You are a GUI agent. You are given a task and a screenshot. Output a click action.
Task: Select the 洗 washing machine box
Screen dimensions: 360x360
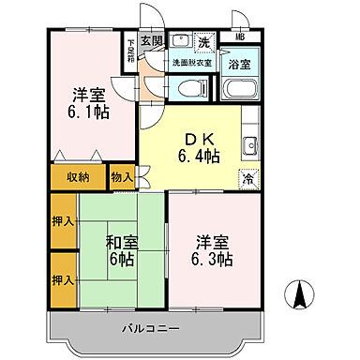pyautogui.click(x=202, y=41)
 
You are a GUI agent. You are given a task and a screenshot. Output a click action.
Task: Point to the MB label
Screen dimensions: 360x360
pyautogui.click(x=241, y=37)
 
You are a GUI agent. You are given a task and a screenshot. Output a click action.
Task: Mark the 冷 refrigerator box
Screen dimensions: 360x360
pyautogui.click(x=247, y=178)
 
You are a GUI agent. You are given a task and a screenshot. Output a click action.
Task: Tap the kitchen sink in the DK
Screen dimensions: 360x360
pyautogui.click(x=251, y=146)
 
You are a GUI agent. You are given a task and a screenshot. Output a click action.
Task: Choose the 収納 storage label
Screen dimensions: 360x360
pyautogui.click(x=78, y=176)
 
